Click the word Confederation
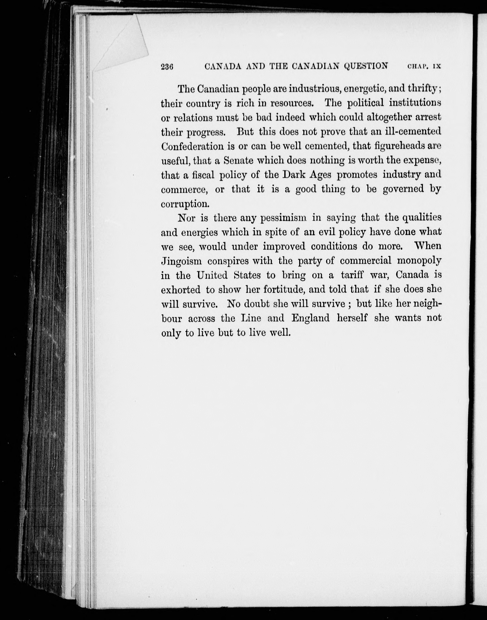click(193, 146)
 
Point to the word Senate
click(238, 161)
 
